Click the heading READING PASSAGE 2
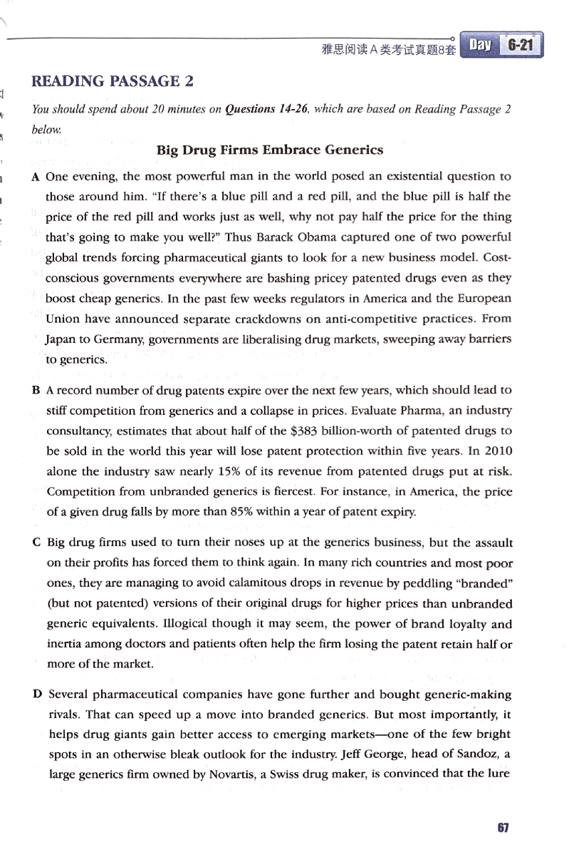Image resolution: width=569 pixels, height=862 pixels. [113, 81]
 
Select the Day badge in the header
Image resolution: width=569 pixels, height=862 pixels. [479, 46]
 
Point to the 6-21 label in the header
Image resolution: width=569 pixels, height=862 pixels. [520, 46]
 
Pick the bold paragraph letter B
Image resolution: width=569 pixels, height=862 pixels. [36, 391]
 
